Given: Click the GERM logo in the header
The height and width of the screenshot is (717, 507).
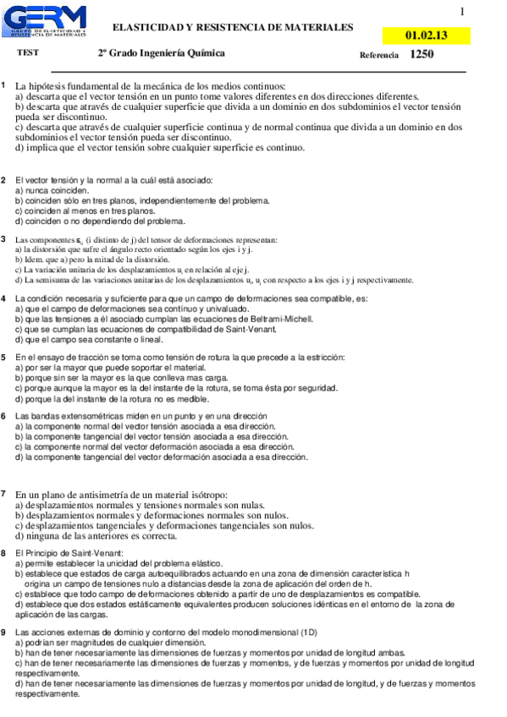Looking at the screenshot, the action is (50, 21).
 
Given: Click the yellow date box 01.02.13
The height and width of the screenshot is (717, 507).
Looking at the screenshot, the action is (427, 36).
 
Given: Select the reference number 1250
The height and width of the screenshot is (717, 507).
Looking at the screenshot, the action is (422, 54).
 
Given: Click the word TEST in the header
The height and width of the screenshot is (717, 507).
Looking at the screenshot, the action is (28, 52).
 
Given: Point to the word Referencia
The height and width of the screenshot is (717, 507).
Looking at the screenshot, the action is (378, 55).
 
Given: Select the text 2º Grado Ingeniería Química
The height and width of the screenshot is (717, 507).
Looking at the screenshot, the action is (161, 52).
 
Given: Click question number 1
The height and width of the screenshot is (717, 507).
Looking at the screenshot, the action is (4, 85).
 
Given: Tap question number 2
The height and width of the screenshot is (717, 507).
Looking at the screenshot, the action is (4, 180).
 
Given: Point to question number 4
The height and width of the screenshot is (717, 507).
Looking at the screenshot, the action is (4, 298).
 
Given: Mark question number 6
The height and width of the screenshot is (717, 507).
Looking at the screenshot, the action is (4, 416).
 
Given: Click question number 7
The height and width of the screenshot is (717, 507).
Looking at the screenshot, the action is (4, 493).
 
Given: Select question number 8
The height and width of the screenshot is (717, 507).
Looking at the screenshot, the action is (4, 553).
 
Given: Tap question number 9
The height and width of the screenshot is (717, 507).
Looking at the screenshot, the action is (4, 632).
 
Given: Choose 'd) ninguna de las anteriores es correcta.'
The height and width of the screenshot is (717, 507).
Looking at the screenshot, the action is (106, 535).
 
